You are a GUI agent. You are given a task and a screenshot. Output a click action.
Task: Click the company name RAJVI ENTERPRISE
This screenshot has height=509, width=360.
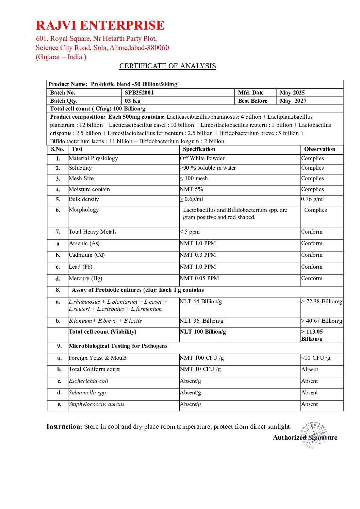(x=100, y=26)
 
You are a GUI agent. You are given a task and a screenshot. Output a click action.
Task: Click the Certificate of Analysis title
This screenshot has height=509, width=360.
(x=167, y=66)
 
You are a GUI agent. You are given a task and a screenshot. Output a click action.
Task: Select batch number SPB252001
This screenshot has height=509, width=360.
(x=139, y=92)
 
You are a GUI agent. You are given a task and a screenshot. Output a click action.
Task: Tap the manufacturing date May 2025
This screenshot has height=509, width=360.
(x=292, y=92)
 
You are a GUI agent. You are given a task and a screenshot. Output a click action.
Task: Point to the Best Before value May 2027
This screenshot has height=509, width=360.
(x=293, y=101)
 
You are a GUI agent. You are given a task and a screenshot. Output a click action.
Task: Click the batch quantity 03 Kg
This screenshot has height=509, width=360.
(x=133, y=101)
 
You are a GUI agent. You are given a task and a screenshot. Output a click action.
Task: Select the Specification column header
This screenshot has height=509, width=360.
(x=199, y=149)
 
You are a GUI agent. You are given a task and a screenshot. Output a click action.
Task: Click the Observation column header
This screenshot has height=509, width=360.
(x=320, y=149)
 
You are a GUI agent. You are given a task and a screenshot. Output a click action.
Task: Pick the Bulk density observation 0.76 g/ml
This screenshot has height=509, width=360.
(x=312, y=199)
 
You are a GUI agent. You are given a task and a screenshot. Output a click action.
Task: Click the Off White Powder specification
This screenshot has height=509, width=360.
(x=202, y=158)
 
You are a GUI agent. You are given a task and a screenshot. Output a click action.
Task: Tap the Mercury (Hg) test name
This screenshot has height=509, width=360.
(x=85, y=278)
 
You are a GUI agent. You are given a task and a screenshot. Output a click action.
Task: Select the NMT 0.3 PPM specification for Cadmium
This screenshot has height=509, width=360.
(x=198, y=255)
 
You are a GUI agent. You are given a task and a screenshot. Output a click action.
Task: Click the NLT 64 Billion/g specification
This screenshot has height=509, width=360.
(x=201, y=302)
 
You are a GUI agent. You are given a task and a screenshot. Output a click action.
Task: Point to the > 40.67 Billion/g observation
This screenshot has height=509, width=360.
(x=322, y=321)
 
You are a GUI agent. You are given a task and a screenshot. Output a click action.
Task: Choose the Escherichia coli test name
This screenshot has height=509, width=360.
(x=88, y=381)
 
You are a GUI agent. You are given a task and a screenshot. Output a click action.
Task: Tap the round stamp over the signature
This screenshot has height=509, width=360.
(x=314, y=435)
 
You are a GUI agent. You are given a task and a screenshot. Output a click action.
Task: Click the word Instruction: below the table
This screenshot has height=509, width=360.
(x=64, y=427)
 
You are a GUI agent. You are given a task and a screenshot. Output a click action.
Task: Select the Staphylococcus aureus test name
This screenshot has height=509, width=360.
(x=97, y=404)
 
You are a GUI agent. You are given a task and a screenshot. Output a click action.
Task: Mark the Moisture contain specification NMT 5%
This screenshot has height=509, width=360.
(x=191, y=189)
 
